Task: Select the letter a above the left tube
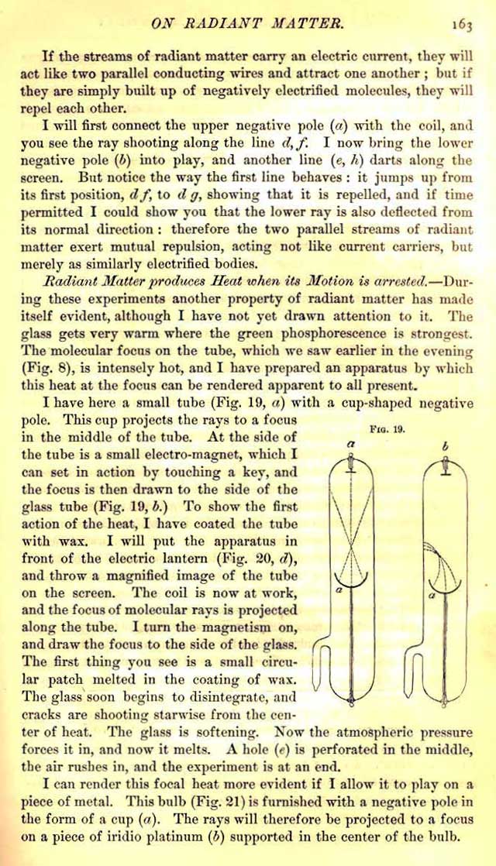tap(351, 444)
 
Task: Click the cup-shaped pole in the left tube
tap(350, 578)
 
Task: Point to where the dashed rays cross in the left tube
tap(350, 537)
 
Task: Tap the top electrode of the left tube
tap(350, 464)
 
